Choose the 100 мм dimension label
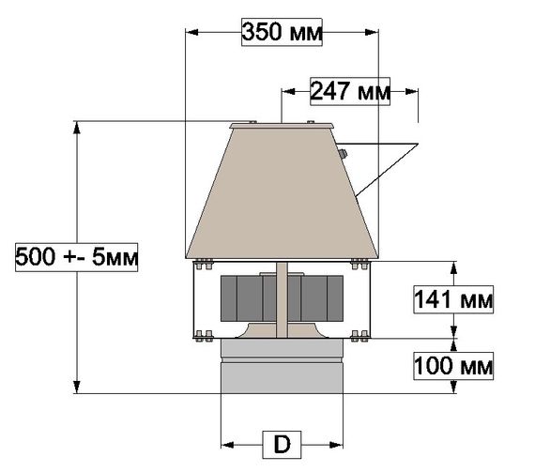coord(454,365)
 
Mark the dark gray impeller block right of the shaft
coord(316,297)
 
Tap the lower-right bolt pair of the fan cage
coord(359,337)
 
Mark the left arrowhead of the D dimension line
coord(225,441)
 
